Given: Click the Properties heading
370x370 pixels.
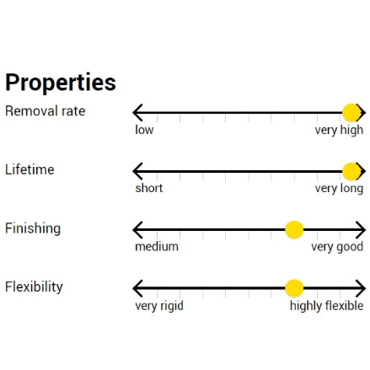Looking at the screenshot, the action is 61,83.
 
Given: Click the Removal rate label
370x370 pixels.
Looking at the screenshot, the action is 46,111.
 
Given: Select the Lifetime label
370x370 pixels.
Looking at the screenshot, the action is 29,169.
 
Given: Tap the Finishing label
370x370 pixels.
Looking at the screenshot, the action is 33,228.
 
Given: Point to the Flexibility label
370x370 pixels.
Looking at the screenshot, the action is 34,287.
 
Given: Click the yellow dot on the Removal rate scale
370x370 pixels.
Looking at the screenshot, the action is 351,113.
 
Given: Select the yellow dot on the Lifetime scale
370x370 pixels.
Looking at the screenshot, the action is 351,171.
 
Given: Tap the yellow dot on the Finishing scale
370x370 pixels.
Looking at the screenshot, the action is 294,230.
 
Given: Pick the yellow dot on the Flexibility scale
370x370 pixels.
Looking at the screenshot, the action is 294,288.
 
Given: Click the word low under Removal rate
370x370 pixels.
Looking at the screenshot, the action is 144,130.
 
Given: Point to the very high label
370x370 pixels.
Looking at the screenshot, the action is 339,131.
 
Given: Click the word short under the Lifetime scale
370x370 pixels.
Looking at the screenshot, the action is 149,188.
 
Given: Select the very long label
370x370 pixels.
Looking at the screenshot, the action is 339,189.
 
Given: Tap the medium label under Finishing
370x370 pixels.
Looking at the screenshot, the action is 157,247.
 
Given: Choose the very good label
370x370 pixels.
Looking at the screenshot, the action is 337,248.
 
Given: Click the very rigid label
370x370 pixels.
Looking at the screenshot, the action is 159,306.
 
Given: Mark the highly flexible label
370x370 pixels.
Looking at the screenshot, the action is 327,306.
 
